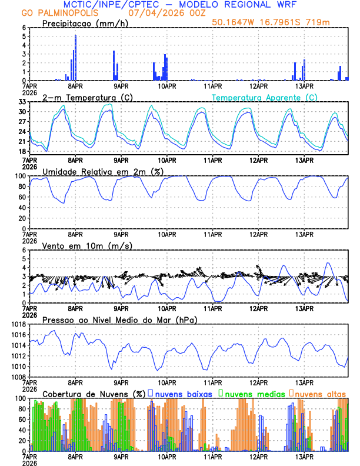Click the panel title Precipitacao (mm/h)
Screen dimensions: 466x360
[82, 24]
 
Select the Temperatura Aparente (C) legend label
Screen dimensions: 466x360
[264, 97]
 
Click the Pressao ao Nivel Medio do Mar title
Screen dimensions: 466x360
[119, 319]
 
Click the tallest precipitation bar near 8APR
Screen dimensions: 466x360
[75, 58]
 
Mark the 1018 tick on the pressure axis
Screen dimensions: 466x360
[18, 324]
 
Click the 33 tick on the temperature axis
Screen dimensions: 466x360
[22, 102]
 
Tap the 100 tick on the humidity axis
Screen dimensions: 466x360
[20, 176]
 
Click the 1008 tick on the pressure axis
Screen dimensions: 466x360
[18, 377]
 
